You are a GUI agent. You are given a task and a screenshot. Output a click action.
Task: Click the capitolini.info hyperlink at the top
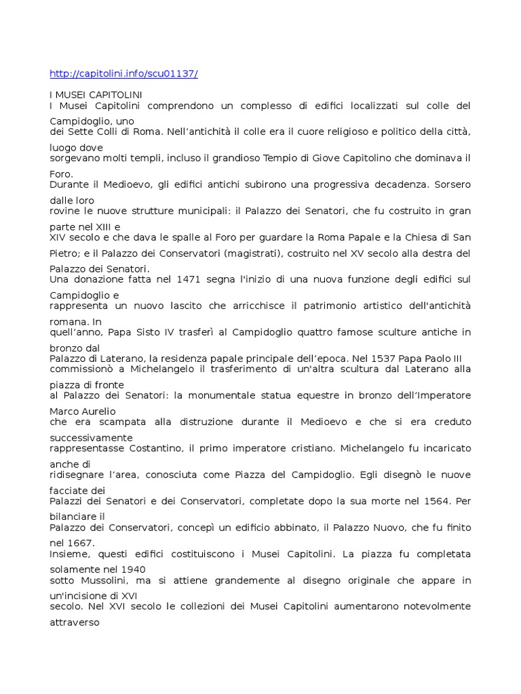click(124, 74)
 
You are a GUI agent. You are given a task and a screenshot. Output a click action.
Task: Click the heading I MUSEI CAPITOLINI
click(96, 94)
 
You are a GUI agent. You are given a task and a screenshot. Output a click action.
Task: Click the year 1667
click(81, 543)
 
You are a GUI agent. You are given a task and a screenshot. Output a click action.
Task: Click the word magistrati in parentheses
click(256, 253)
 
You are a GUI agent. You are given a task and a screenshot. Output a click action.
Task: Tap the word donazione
click(99, 279)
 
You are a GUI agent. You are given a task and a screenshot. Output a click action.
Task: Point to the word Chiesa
click(421, 237)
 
